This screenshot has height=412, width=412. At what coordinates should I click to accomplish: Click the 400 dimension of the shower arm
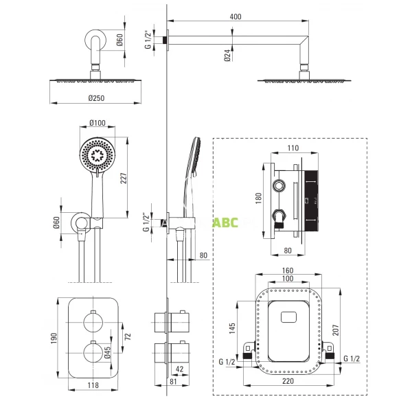click(x=235, y=16)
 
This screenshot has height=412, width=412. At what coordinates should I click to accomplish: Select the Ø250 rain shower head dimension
click(x=96, y=98)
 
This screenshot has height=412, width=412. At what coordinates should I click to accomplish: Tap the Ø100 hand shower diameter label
click(x=98, y=123)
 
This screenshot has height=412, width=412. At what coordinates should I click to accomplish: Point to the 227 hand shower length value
click(x=124, y=178)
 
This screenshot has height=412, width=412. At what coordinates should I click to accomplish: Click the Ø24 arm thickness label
click(x=227, y=55)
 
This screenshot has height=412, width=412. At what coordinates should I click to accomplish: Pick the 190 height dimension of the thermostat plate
click(x=54, y=338)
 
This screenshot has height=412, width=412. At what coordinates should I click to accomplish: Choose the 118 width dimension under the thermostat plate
click(x=93, y=385)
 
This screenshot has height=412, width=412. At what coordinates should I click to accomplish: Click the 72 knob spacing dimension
click(x=128, y=336)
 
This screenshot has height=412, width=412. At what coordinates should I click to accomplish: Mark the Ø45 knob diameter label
click(x=108, y=352)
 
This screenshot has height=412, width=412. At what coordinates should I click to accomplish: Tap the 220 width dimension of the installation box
click(x=288, y=381)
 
